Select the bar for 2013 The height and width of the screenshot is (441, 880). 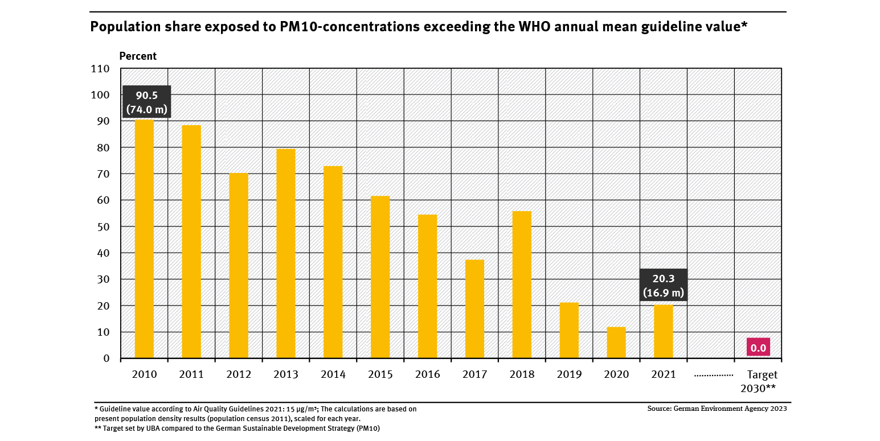tap(286, 253)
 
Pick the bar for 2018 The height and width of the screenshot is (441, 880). tap(522, 285)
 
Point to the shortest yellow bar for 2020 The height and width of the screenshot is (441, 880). tap(616, 343)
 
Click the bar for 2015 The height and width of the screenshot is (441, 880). tap(380, 277)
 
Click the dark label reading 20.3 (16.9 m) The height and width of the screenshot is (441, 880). tap(664, 285)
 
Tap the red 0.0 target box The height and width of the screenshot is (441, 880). tap(758, 347)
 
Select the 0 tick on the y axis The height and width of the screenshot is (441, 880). tap(106, 358)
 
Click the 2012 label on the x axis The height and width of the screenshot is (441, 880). tap(239, 374)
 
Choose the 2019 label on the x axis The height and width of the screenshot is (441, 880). tap(569, 374)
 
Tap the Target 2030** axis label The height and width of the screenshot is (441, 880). tap(758, 382)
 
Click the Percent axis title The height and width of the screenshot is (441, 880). tap(137, 56)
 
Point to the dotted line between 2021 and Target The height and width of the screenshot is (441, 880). tap(711, 376)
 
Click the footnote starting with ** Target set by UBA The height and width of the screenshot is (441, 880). tap(237, 428)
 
